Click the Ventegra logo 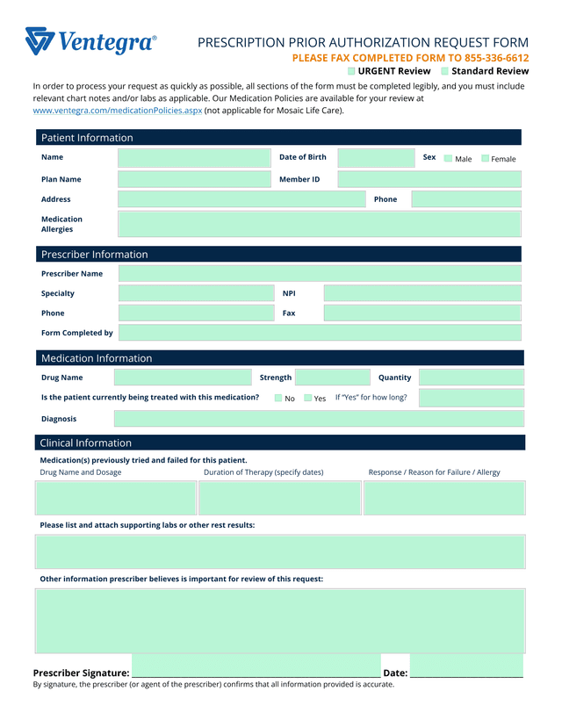(90, 40)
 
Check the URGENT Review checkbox (351, 71)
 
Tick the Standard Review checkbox (444, 71)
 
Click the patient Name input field (195, 158)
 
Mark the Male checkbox (448, 159)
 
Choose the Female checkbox (485, 159)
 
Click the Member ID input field (429, 179)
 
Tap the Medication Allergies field (319, 224)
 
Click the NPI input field (422, 293)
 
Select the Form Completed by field (319, 333)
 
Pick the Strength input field (332, 378)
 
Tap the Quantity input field (471, 378)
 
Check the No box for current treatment (278, 399)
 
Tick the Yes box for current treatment (308, 399)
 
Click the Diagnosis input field (319, 419)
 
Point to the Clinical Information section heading (86, 443)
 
